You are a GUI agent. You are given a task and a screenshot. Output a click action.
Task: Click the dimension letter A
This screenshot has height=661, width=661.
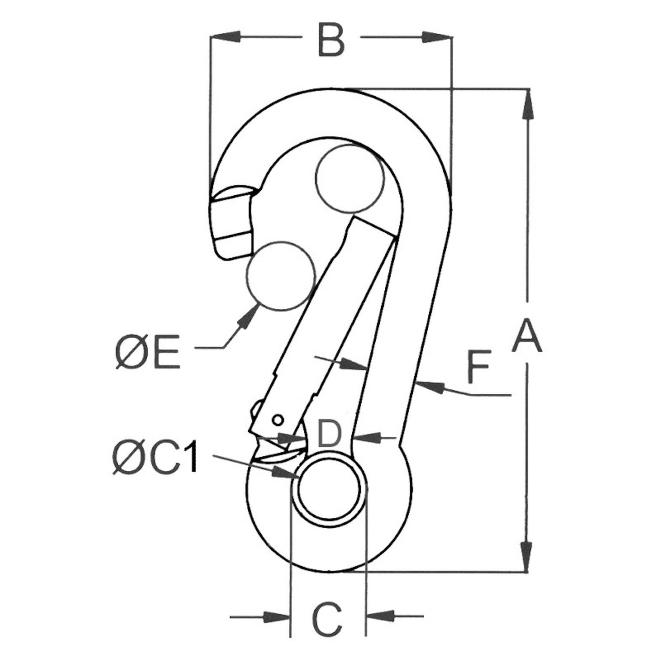tap(527, 335)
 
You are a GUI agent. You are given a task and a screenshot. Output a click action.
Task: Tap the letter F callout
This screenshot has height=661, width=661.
tap(479, 366)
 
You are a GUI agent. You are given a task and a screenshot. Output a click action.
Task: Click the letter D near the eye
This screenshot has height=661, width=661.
tap(329, 435)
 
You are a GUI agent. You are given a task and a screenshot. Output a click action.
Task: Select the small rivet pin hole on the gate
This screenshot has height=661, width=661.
tap(278, 419)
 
